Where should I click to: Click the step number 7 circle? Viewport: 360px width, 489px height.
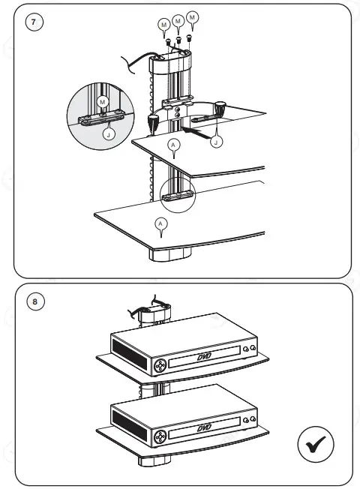tap(34, 22)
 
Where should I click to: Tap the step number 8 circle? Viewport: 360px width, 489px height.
tap(35, 301)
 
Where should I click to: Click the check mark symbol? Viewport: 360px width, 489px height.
tap(316, 444)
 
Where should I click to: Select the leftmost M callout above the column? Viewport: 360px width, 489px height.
tap(164, 25)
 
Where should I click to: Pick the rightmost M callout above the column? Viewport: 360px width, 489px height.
tap(192, 17)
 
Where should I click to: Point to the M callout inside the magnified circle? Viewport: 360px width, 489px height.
tap(102, 102)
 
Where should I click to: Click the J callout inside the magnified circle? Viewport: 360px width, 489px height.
tap(109, 135)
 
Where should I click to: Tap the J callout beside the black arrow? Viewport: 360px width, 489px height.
tap(216, 142)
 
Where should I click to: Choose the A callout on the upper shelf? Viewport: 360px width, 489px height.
tap(173, 145)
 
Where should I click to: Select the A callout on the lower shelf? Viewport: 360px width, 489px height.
tap(160, 224)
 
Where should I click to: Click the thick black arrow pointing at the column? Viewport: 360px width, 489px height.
tap(196, 133)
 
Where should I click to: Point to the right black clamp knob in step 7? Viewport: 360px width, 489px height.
tap(220, 108)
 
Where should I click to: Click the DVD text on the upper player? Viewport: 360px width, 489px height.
tap(204, 356)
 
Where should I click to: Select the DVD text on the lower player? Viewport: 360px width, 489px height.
tap(204, 427)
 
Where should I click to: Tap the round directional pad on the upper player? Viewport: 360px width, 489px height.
tap(160, 365)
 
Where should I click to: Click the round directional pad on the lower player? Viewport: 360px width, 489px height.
tap(160, 436)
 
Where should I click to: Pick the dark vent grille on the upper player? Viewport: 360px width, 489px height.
tap(130, 355)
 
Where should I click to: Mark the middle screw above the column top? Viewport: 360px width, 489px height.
tap(178, 40)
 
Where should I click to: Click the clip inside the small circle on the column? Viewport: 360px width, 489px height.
tap(177, 196)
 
